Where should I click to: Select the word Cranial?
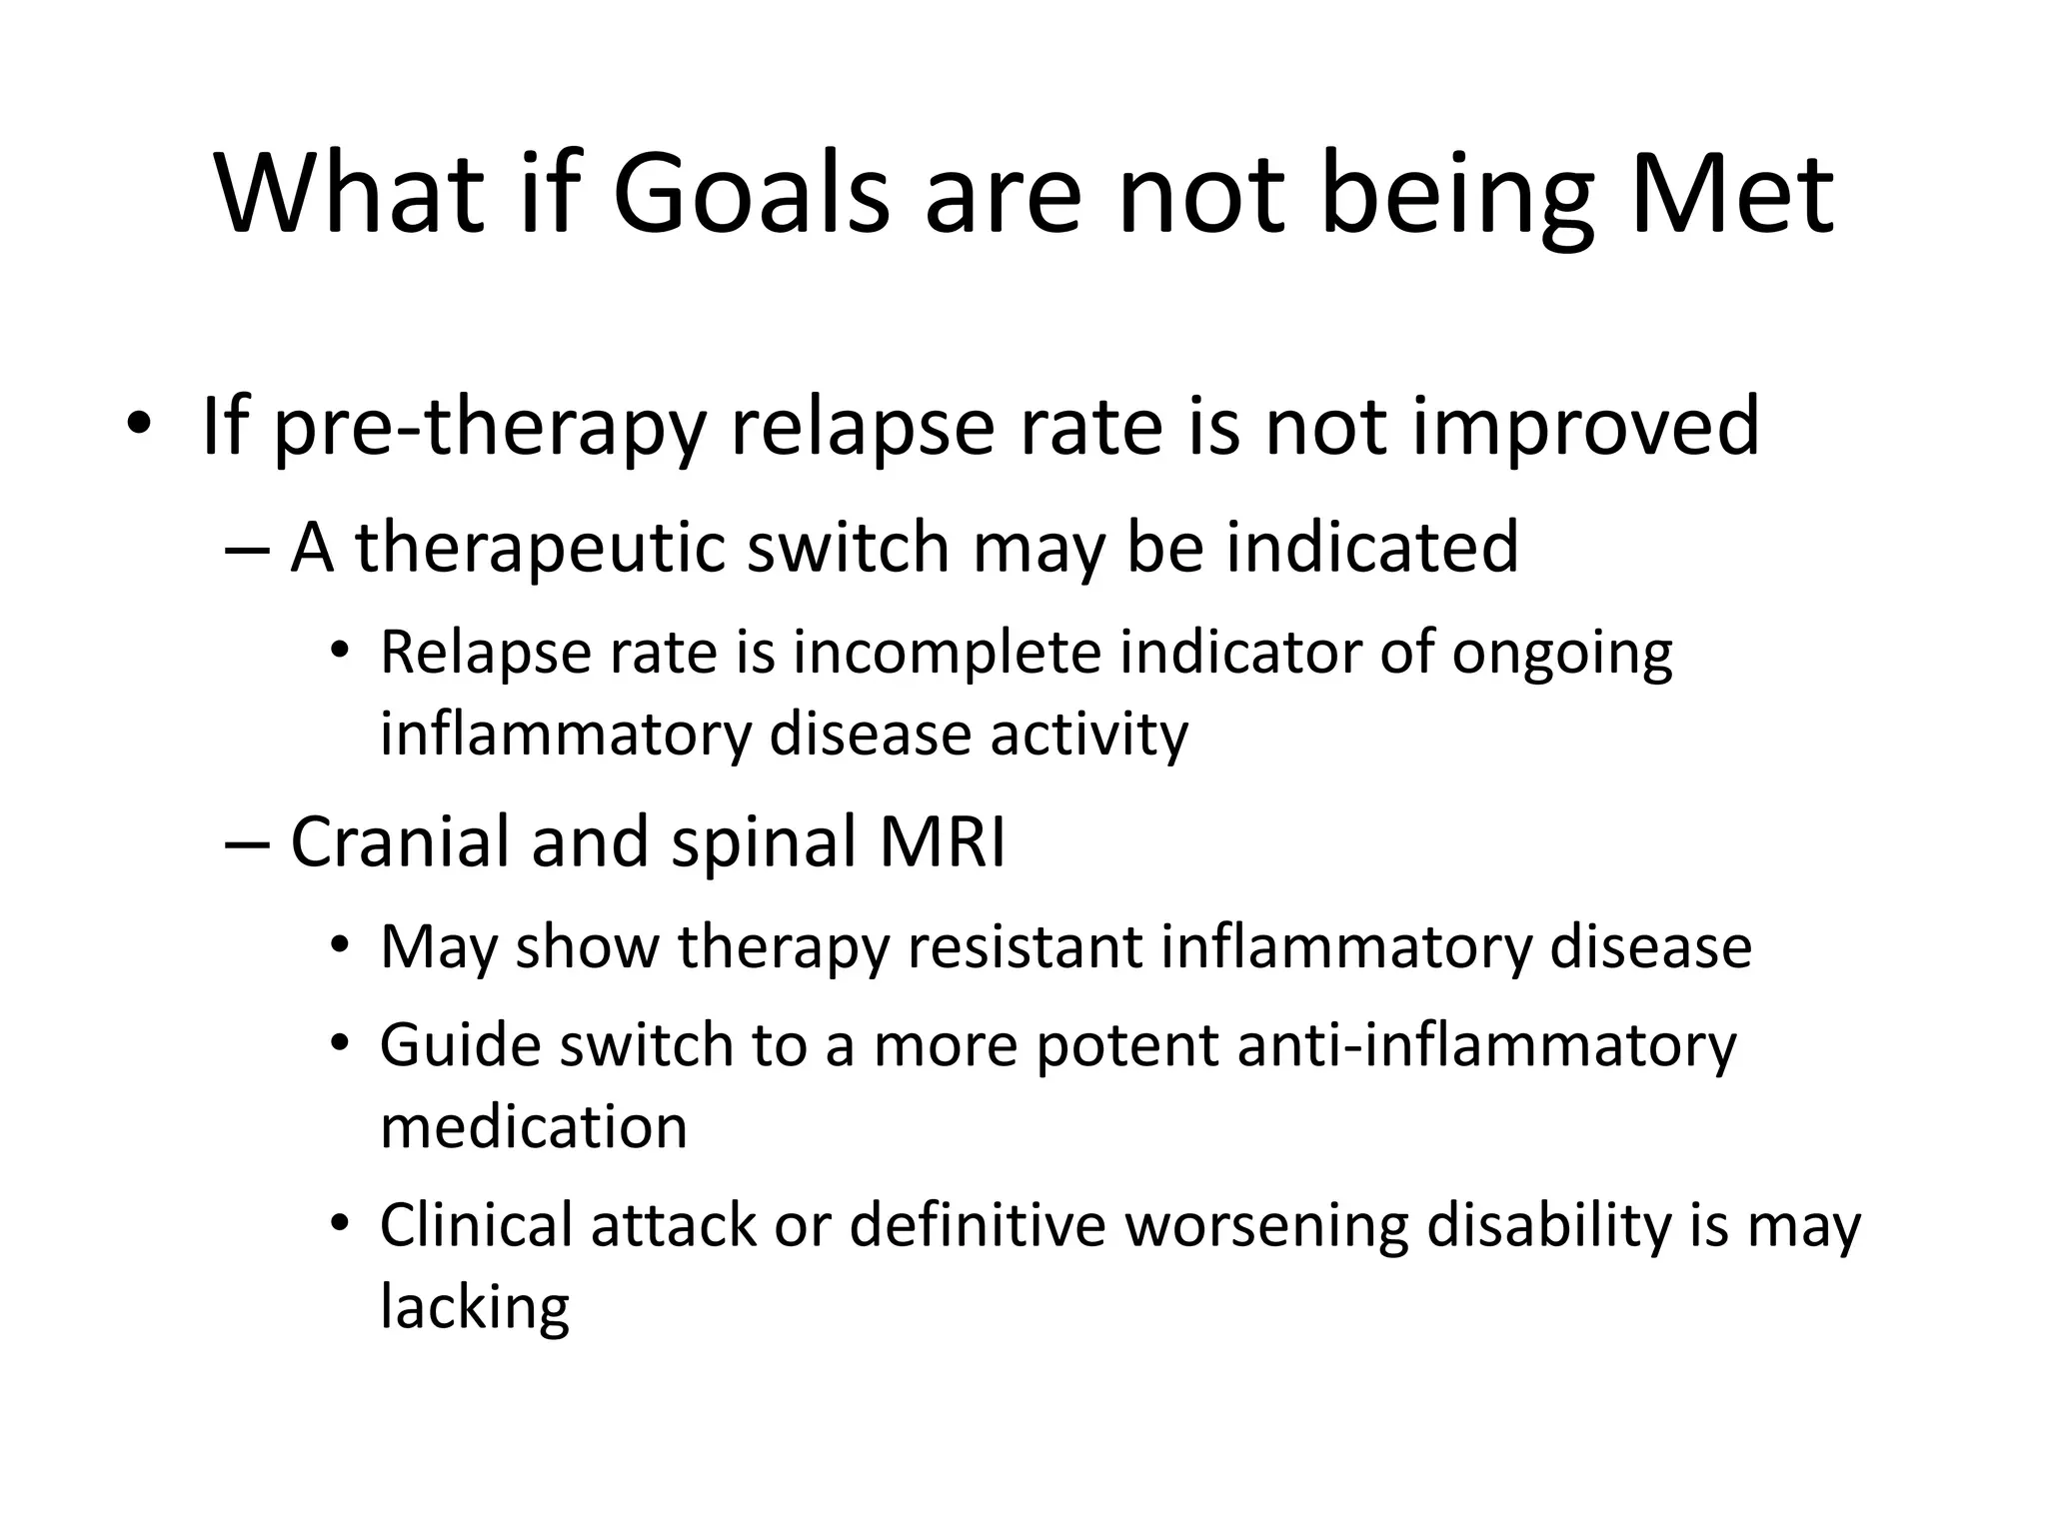[x=400, y=841]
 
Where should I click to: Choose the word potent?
[x=1126, y=1045]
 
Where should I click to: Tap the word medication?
[x=534, y=1127]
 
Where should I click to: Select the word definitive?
[x=977, y=1225]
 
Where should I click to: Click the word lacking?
[x=475, y=1307]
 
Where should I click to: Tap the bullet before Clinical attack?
[x=341, y=1224]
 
